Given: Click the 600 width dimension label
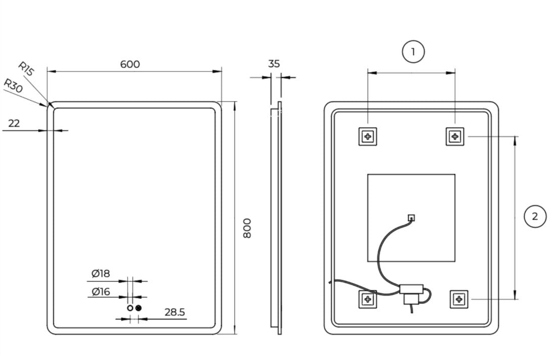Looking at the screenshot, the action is (130, 64).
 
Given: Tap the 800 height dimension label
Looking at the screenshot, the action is (247, 228).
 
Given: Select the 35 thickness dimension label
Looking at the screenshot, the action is (274, 64).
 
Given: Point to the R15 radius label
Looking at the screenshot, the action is (26, 69).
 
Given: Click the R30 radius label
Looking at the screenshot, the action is (13, 86).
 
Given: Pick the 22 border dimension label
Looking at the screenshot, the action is (14, 124).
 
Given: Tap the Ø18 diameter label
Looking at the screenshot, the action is (101, 273).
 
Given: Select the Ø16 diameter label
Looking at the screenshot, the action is (101, 292).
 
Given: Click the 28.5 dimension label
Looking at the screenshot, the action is (175, 312).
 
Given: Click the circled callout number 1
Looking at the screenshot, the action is (413, 52).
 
